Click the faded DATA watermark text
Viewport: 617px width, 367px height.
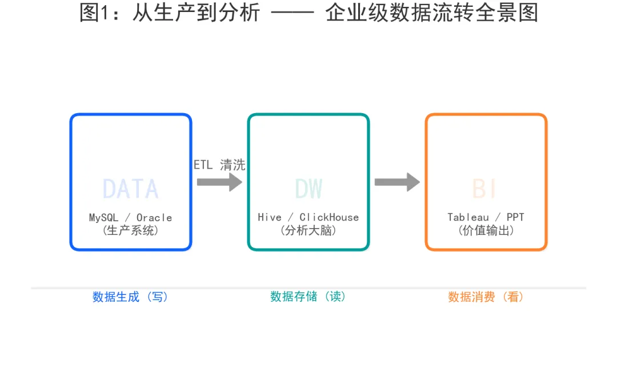pos(130,189)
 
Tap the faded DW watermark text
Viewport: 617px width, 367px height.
pos(308,189)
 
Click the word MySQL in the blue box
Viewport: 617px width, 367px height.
pos(104,218)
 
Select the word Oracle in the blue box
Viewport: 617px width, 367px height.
pos(154,218)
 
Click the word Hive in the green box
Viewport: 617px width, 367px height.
pos(270,218)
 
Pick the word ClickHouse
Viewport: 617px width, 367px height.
pos(329,218)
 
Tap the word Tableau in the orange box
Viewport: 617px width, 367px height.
pos(468,218)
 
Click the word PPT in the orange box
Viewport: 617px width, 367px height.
pos(515,218)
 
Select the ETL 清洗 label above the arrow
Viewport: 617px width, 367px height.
pos(219,165)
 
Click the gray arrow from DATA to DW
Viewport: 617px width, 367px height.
pos(219,182)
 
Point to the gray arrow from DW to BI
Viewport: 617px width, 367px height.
pos(397,182)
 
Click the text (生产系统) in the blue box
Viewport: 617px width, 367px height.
pos(130,231)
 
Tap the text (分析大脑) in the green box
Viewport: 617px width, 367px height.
pos(308,231)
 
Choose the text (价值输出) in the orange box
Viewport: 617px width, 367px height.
pos(486,231)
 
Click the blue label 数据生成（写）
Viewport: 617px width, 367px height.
pos(130,297)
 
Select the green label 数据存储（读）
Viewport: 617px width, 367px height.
pos(308,297)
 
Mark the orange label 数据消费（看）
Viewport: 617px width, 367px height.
pos(486,297)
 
